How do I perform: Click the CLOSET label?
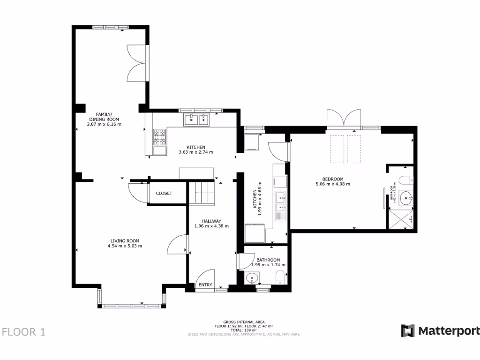coord(164,193)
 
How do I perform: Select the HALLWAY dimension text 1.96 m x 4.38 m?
coord(211,226)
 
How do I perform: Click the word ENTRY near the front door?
coord(205,285)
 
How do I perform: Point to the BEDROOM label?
coord(333,179)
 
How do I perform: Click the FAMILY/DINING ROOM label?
coord(104,117)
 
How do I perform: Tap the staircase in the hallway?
coord(202,193)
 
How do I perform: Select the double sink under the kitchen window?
coord(196,120)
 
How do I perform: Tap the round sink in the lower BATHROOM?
coord(253,279)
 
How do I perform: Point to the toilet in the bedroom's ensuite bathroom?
coord(406,179)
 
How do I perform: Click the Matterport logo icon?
coord(408,330)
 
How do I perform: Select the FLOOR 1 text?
coord(24,332)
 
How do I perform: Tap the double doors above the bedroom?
coord(345,118)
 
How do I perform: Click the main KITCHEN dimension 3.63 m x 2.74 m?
coord(196,152)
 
